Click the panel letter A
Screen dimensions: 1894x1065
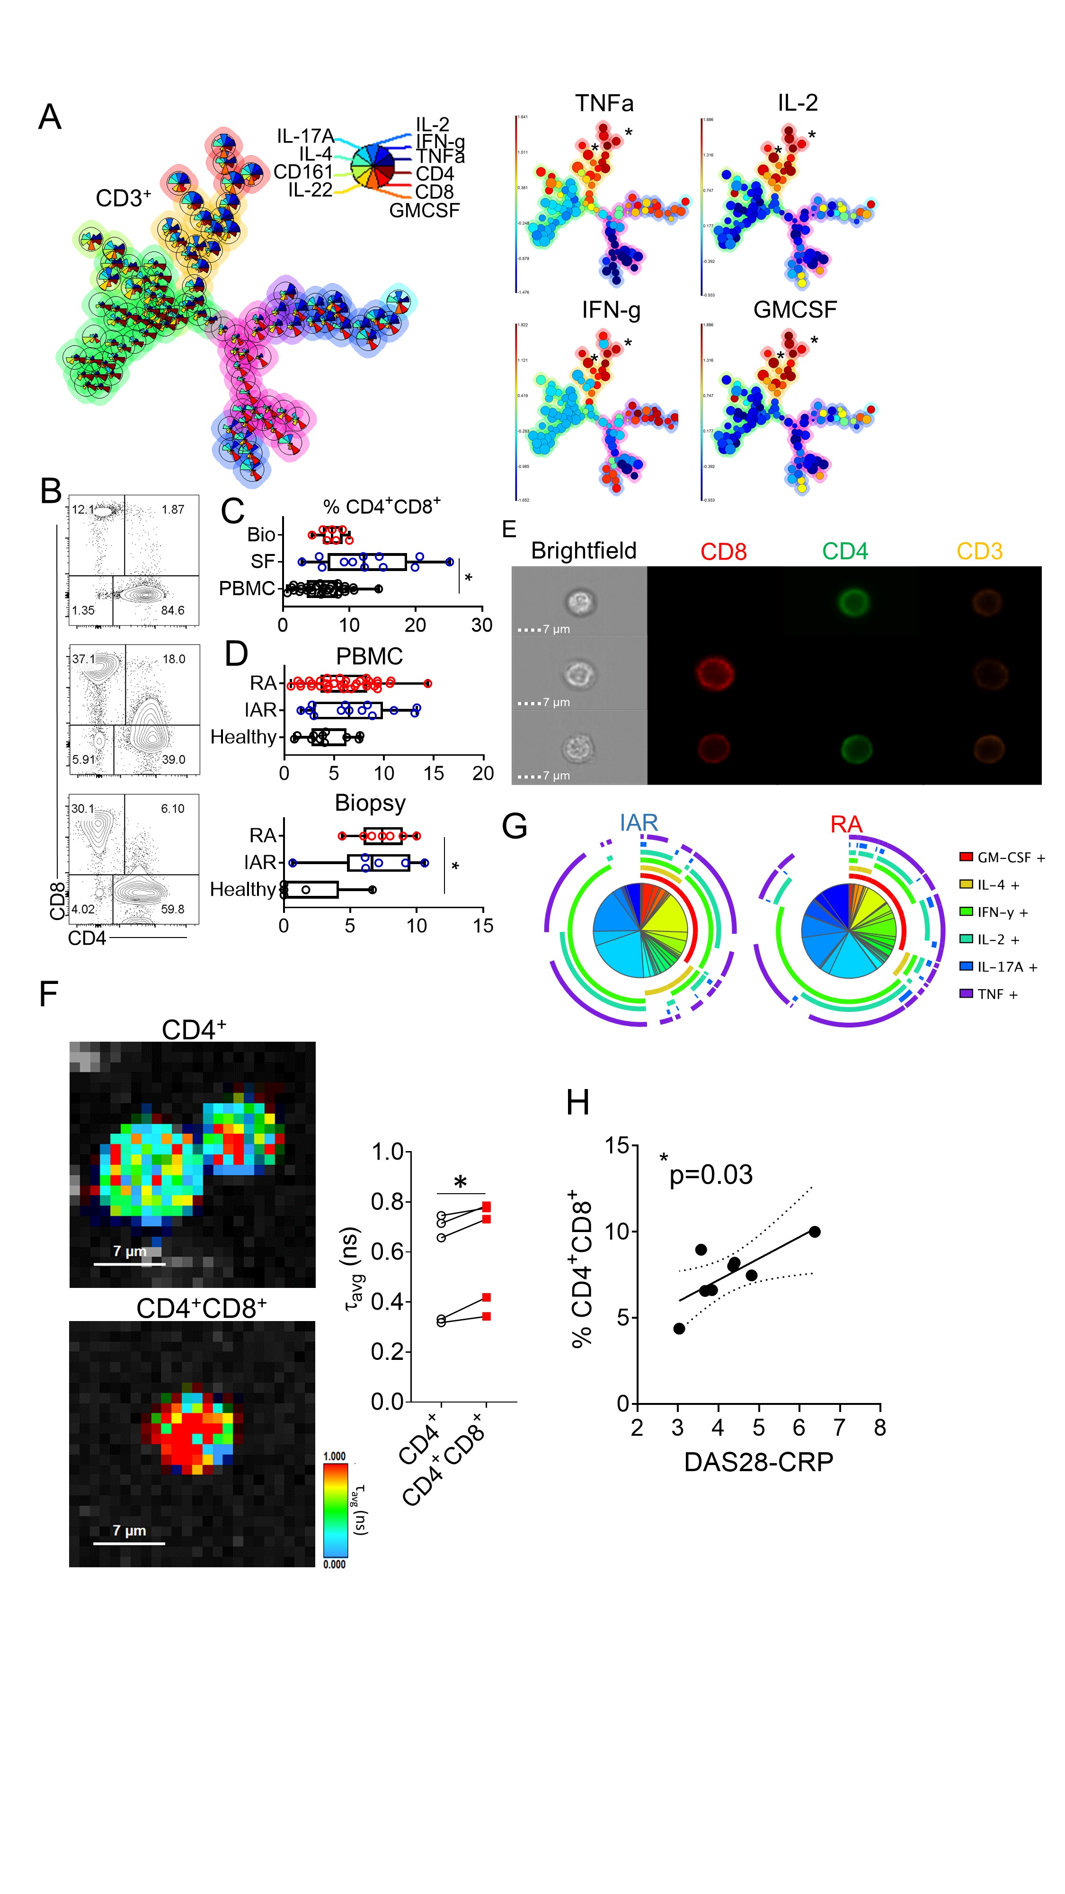[x=50, y=117]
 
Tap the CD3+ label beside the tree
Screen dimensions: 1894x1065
[x=123, y=198]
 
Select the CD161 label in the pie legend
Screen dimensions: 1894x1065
[x=303, y=172]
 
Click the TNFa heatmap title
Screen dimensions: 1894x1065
[x=603, y=104]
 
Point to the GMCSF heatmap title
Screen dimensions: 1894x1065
[x=795, y=310]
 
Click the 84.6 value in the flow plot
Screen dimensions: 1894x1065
[x=173, y=610]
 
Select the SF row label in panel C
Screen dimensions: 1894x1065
[x=262, y=562]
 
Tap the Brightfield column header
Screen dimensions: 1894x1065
[x=584, y=551]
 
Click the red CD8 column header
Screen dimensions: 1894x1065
[x=723, y=552]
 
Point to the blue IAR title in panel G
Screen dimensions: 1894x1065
[x=638, y=823]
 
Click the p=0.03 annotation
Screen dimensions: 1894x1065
[x=711, y=1175]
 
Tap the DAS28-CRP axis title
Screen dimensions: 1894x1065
[x=758, y=1462]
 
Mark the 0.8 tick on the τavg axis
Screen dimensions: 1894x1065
[x=387, y=1201]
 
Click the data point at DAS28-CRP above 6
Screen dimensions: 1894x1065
[x=814, y=1232]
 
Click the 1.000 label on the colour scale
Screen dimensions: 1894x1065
[x=335, y=1456]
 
